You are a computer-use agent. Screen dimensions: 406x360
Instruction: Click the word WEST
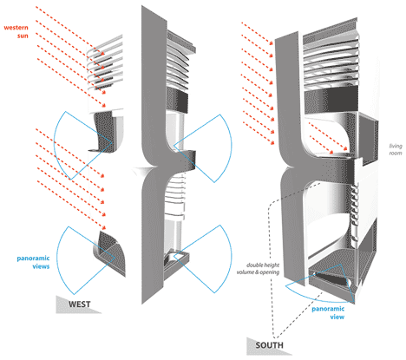(x=79, y=304)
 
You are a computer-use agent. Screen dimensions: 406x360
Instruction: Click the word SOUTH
(x=269, y=345)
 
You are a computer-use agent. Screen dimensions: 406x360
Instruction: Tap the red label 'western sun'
(x=16, y=31)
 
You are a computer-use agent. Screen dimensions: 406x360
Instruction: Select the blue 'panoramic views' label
(x=33, y=262)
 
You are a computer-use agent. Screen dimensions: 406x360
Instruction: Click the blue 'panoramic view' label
(x=328, y=312)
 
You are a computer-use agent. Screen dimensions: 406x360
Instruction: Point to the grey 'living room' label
(x=396, y=149)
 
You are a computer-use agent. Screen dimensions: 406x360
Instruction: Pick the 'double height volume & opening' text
(x=258, y=268)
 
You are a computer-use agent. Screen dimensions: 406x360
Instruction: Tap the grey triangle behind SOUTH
(x=265, y=346)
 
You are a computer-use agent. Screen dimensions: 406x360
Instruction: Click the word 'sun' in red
(x=23, y=36)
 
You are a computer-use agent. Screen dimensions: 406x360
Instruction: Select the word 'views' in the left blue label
(x=41, y=266)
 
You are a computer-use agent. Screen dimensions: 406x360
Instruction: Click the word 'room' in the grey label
(x=396, y=153)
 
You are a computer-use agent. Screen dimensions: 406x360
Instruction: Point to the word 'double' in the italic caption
(x=254, y=265)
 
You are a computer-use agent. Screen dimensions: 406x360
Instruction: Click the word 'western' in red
(x=16, y=28)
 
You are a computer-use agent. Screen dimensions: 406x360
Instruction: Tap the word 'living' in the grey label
(x=396, y=146)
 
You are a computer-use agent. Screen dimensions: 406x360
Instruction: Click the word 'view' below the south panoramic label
(x=337, y=317)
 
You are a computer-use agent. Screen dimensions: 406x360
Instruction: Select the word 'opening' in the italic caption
(x=270, y=272)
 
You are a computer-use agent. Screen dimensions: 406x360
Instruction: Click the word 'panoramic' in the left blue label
(x=33, y=259)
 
